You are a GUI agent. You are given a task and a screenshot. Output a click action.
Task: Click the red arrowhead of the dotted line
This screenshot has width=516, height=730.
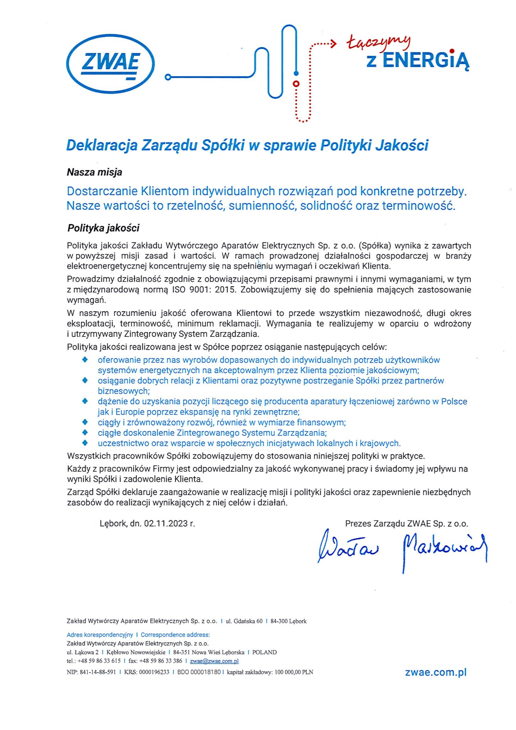point(334,44)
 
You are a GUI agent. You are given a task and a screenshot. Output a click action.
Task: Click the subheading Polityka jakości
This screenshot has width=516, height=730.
point(103,228)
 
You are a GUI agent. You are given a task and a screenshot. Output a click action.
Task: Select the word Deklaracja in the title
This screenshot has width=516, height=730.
point(102,146)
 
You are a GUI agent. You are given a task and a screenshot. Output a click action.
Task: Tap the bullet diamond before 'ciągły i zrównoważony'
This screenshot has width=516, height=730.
point(85,422)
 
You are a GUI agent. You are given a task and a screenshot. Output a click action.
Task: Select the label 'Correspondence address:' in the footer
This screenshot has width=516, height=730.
point(175,635)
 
